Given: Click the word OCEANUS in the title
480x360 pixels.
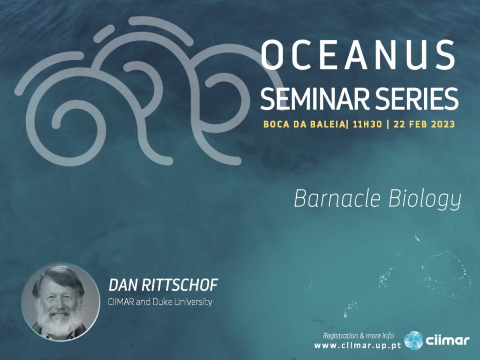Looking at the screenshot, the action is (358, 55).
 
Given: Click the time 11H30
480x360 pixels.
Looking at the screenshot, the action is (367, 124).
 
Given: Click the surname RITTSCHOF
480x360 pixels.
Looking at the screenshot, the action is (180, 285).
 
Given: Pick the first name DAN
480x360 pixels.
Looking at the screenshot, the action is (123, 285).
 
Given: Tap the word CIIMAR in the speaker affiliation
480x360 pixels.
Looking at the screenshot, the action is (120, 302).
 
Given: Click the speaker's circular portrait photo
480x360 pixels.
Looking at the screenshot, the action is (60, 302).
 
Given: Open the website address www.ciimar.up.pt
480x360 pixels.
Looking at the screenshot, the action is (358, 345).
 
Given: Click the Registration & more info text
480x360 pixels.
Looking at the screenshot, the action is (359, 336).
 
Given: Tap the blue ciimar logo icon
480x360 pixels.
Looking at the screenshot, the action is (413, 340).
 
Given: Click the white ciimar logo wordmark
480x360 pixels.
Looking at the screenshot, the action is (447, 340).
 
